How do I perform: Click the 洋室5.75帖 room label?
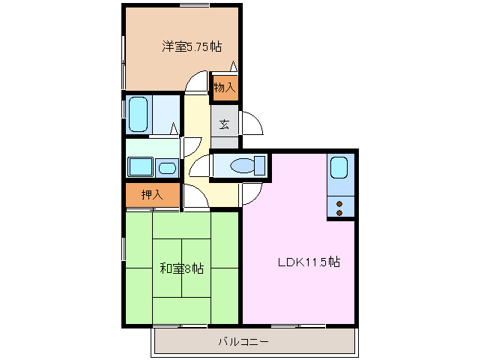192,46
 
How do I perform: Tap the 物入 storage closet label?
224,88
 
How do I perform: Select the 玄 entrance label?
224,124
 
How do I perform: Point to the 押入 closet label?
151,195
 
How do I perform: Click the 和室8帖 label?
181,268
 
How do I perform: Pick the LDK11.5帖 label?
309,262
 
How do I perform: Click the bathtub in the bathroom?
139,114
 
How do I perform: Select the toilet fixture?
245,166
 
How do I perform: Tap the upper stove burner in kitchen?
339,203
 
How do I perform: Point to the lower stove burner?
339,212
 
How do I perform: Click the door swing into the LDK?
251,195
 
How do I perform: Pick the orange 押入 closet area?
152,195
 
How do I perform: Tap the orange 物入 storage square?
225,86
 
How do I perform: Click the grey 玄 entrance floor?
225,124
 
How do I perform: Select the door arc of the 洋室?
196,81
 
